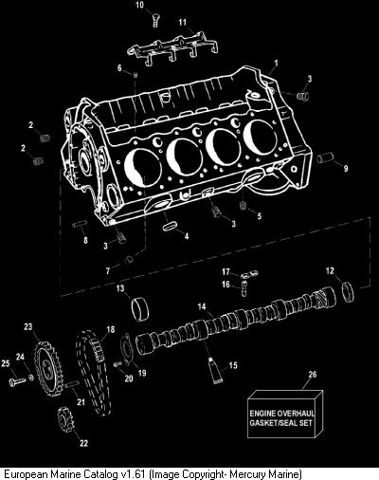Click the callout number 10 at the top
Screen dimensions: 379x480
coord(139,5)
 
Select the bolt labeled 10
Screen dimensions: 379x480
coord(155,20)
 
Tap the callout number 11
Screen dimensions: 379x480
coord(183,23)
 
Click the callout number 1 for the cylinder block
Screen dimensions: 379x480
coord(276,64)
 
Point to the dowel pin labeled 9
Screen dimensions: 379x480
coord(325,157)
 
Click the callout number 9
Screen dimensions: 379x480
coord(346,169)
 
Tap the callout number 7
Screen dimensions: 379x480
coord(108,271)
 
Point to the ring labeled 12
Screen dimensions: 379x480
coord(349,291)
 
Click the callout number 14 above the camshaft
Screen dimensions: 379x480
coord(202,306)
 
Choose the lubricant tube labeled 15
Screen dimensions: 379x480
coord(216,370)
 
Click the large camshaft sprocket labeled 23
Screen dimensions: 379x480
coord(48,369)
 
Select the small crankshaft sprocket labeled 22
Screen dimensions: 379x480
coord(65,419)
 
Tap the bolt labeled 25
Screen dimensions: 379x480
coord(17,380)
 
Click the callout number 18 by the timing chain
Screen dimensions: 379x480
coord(111,329)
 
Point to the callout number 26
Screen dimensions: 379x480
coord(312,375)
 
